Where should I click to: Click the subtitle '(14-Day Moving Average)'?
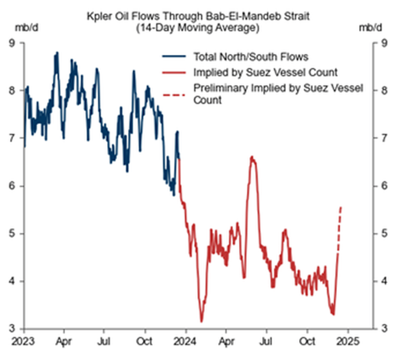pos(198,28)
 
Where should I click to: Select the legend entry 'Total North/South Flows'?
pos(250,57)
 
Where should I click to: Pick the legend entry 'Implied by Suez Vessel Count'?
pos(265,72)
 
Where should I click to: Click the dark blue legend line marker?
pos(175,57)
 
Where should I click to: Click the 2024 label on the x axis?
pos(186,340)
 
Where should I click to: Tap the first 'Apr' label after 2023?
pos(65,340)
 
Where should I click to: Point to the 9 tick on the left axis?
pos(14,43)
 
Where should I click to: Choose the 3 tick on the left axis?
pos(14,328)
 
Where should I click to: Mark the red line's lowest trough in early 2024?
pos(201,321)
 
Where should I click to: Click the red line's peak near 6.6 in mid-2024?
pos(252,157)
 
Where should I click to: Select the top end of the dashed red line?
pos(341,207)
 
